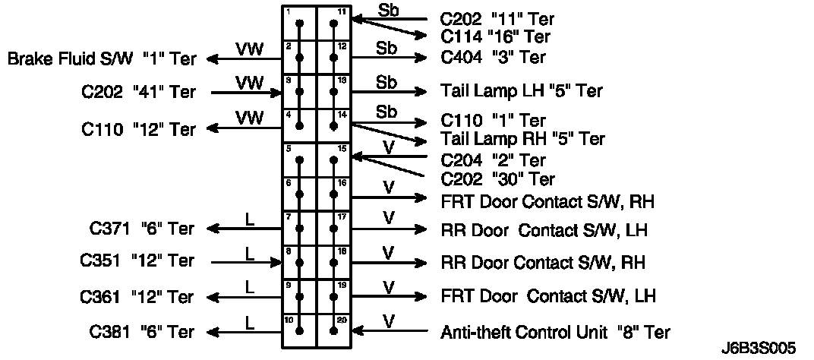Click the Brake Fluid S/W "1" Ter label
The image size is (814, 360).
pos(101,58)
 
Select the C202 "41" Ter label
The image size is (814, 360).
pos(138,93)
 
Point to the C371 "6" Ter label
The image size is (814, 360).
pos(142,228)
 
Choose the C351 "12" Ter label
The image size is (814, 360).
pos(137,261)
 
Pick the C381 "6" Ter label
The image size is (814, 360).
pos(142,331)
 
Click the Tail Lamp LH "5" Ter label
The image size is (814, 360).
pos(522,91)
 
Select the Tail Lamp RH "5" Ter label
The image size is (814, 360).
pos(522,139)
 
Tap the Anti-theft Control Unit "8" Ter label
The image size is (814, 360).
pos(555,331)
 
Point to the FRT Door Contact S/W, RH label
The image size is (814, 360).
pos(547,202)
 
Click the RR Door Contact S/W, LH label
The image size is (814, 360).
pos(547,230)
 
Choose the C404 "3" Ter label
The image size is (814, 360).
pos(493,58)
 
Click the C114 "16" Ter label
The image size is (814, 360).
pos(496,36)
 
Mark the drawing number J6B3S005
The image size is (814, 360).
pos(759,348)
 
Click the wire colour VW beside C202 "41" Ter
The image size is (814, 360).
pos(249,81)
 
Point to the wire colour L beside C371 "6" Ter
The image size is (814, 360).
pos(251,219)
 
